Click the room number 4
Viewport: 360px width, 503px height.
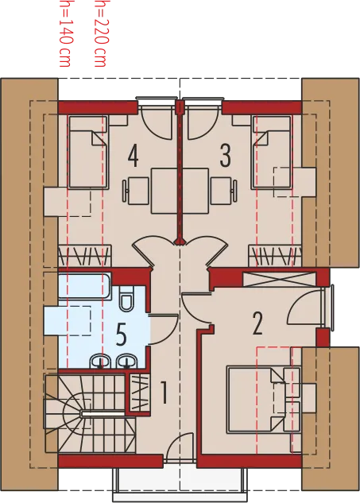133,156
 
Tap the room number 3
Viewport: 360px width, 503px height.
225,156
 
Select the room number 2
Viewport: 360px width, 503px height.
257,323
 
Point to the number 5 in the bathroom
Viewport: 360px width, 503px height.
121,335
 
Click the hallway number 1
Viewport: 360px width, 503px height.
164,392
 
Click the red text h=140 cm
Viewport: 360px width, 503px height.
65,33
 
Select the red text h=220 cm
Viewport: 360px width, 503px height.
100,33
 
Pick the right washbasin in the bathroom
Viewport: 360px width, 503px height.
127,362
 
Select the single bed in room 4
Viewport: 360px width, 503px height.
89,152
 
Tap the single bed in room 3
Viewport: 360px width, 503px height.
272,152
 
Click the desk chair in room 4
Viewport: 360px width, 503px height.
134,191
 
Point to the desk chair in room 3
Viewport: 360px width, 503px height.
224,191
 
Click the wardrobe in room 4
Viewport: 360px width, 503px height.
85,256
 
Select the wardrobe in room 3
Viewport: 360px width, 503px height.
275,256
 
